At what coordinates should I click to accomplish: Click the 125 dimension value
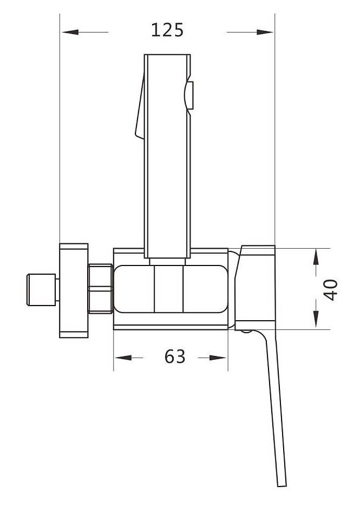click(167, 30)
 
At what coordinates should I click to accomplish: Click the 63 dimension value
click(175, 357)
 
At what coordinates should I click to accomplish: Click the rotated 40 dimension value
click(331, 290)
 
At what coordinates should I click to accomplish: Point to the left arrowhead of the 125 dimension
click(70, 32)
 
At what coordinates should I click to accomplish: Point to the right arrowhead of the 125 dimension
click(265, 32)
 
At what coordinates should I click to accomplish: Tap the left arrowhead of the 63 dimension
click(123, 358)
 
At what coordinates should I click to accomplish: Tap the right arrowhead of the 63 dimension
click(218, 358)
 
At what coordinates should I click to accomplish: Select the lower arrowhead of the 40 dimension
click(316, 319)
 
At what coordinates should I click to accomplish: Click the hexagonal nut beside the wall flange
click(101, 289)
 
